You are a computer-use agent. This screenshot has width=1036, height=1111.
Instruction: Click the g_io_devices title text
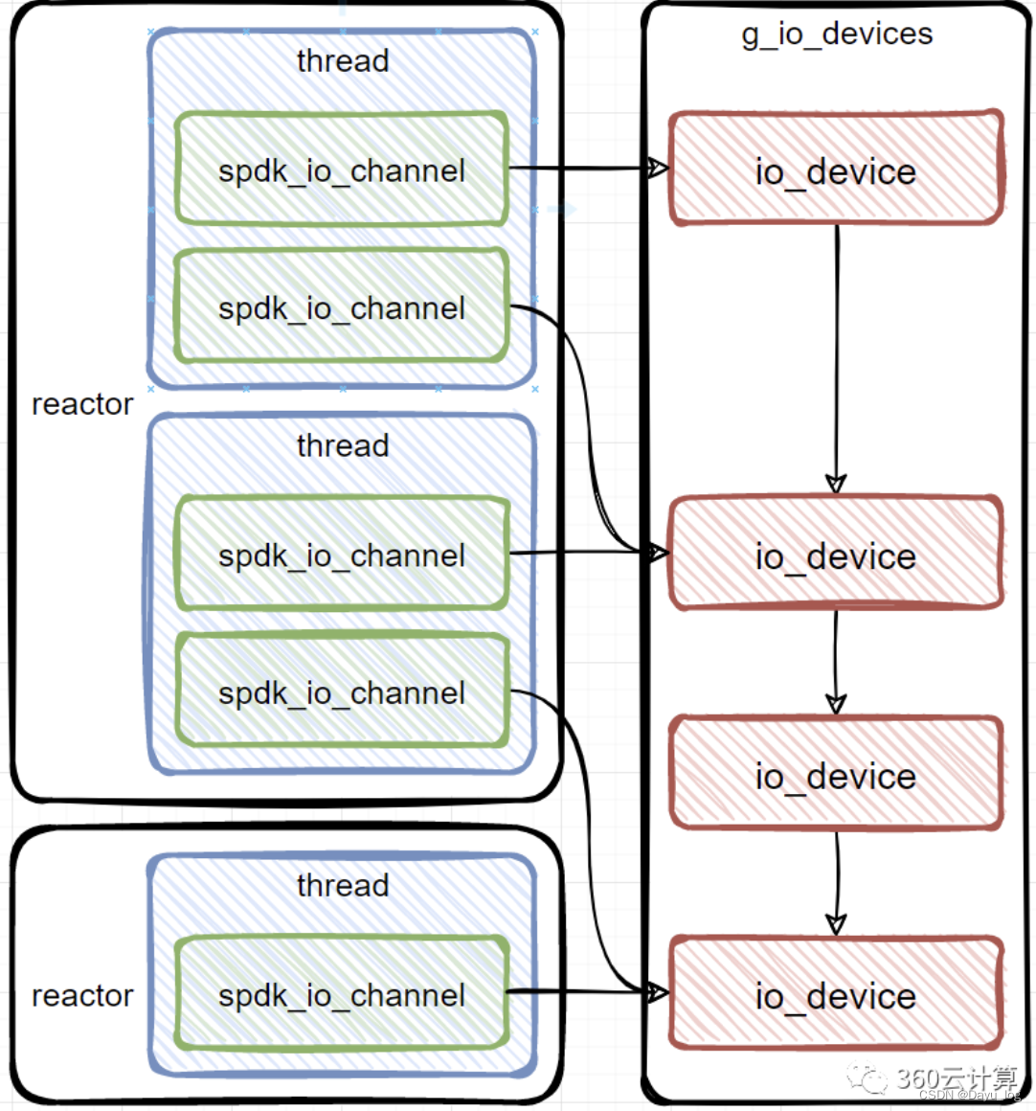[837, 34]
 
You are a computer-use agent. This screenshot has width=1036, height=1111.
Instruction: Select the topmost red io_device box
[835, 170]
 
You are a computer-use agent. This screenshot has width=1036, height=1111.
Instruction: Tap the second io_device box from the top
[835, 555]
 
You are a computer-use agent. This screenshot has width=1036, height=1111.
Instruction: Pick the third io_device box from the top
[835, 775]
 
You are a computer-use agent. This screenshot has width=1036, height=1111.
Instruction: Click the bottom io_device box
[835, 995]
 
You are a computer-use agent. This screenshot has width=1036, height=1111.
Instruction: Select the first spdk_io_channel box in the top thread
[342, 170]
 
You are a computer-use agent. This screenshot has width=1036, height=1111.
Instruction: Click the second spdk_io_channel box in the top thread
[342, 307]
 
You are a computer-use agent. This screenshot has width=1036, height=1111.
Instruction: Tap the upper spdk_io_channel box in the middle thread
[342, 555]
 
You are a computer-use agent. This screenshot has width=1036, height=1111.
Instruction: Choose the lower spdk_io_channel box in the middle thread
[342, 692]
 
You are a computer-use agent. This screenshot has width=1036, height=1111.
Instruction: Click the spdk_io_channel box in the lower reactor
[342, 994]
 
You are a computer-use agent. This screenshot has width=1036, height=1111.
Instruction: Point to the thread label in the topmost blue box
[343, 61]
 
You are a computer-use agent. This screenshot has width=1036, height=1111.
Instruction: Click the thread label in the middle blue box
[343, 446]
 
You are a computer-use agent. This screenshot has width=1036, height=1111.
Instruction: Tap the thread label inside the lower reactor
[343, 885]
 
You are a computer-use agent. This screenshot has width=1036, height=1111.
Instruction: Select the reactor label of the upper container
[82, 404]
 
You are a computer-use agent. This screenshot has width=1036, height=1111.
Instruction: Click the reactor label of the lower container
[82, 996]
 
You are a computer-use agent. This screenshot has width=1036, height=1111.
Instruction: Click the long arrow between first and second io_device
[837, 354]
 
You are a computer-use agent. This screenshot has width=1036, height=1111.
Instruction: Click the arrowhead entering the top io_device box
[657, 169]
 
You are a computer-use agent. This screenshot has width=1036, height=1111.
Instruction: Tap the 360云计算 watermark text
[954, 1077]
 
